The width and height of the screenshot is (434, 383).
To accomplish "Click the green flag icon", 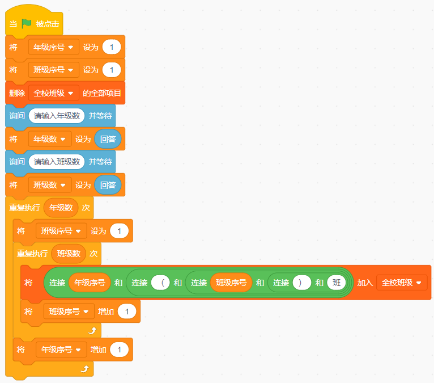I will (x=27, y=24).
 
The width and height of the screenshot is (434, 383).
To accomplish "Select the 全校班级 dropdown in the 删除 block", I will (x=54, y=93).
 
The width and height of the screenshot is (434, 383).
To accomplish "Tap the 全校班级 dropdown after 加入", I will (x=401, y=283).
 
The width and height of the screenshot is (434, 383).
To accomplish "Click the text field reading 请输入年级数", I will (x=57, y=116).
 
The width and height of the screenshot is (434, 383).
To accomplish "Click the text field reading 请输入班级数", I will (x=57, y=162).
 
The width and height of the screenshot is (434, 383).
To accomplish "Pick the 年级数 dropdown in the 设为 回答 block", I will (x=50, y=139).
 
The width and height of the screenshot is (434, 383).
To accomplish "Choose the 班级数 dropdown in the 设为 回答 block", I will (x=50, y=185).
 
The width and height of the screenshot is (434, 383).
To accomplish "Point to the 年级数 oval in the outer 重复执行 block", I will (x=61, y=208).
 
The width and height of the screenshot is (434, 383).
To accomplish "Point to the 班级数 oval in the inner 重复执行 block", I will (x=68, y=254).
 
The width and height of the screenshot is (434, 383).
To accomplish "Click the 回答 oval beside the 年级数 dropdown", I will (x=108, y=139).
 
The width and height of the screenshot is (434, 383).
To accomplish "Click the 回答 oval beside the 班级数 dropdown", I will (x=108, y=185).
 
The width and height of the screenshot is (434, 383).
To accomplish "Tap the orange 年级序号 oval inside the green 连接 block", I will (x=90, y=283).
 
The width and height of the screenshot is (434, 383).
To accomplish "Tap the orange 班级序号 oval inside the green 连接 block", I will (x=231, y=283).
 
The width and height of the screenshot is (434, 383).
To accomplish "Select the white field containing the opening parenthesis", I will (x=161, y=283).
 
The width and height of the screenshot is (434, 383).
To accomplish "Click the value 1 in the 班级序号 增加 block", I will (x=127, y=312).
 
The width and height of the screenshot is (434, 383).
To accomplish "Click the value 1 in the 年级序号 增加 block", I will (x=120, y=350).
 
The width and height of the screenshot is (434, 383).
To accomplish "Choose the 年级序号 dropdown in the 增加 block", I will (x=61, y=350).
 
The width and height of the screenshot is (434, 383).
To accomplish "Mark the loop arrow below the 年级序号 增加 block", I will (x=85, y=369).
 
